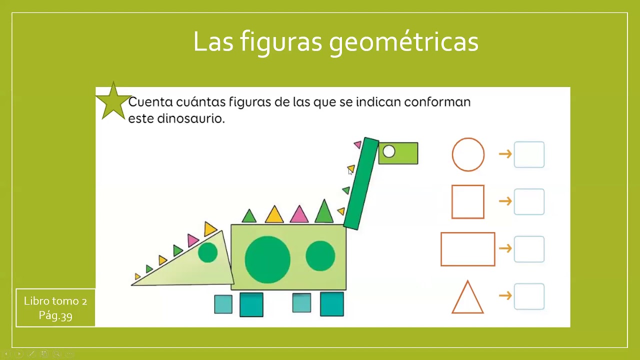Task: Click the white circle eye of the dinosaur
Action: (389, 151)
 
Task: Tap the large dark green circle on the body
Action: (267, 259)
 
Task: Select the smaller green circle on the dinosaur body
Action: (320, 255)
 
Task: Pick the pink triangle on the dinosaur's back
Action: (299, 215)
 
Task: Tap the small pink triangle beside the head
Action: (357, 144)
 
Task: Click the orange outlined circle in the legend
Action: (468, 154)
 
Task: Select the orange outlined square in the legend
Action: (468, 201)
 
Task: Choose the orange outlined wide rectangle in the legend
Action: (468, 249)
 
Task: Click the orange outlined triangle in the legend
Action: (467, 299)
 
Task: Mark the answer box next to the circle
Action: (529, 154)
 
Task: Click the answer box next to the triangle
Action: (529, 296)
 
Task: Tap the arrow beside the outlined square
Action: (505, 201)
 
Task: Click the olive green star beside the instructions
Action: (113, 102)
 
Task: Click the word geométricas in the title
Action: (404, 41)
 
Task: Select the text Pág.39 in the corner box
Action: (55, 315)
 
